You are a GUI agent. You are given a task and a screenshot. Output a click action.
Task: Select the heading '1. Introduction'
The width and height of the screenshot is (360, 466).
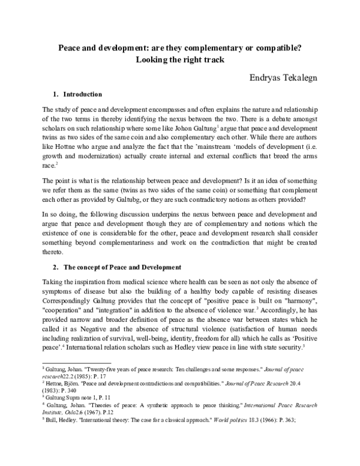click(x=77, y=94)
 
